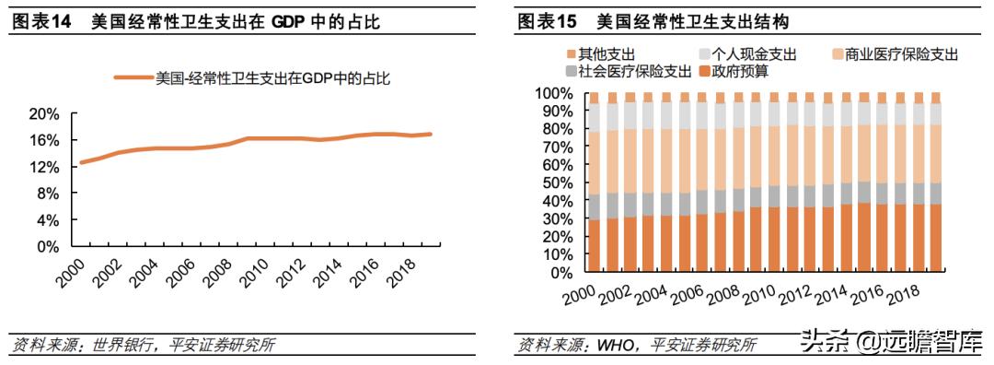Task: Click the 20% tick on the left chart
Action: coord(43,113)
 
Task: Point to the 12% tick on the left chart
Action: coord(43,167)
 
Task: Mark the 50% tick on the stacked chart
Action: coord(557,183)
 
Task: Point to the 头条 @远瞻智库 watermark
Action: coord(889,341)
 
